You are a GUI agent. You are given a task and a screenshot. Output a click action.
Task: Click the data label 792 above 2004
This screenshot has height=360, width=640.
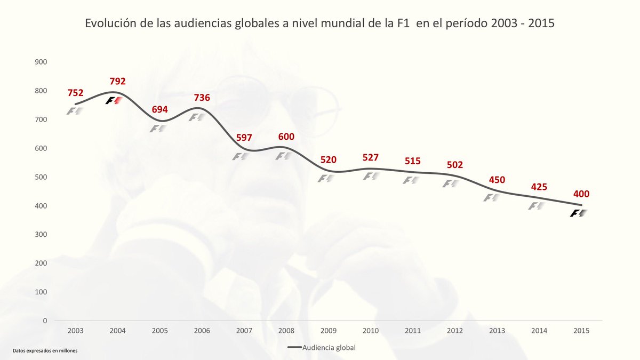pos(117,82)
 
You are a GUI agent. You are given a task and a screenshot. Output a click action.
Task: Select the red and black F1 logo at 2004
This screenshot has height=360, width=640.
pos(114,100)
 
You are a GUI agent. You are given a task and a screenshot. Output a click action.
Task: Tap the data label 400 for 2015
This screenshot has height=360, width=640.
pos(581,194)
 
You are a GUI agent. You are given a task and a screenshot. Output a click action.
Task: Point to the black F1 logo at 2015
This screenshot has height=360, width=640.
pos(578,213)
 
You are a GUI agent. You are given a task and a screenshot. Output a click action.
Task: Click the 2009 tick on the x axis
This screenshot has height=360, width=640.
pos(329,331)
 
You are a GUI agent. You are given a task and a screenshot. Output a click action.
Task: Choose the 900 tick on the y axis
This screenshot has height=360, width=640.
pos(41,62)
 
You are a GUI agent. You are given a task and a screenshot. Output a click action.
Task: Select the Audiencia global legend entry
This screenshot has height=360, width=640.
pos(321,348)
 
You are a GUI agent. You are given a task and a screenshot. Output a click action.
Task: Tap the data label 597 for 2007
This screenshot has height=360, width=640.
pos(244,138)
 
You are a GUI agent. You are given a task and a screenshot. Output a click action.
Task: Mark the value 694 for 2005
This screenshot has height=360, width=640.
pos(159,109)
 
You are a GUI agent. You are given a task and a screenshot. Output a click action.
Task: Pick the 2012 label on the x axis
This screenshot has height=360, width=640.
pos(454,331)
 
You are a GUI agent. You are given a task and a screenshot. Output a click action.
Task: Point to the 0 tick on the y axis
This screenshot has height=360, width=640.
pos(45,321)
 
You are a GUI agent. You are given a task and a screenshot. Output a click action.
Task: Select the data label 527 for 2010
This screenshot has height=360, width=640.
pos(370,157)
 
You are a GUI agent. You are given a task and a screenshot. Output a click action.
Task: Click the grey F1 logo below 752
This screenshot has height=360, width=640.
pos(75,111)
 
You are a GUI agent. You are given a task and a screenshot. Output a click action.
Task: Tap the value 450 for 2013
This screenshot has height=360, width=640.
pos(497,180)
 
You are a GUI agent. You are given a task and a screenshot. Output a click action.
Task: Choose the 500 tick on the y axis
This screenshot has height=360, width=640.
pos(41,177)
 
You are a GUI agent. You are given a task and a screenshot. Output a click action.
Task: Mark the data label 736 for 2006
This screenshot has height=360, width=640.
pos(202,98)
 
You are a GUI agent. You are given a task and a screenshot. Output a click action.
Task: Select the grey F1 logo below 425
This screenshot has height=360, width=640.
pos(536,206)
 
